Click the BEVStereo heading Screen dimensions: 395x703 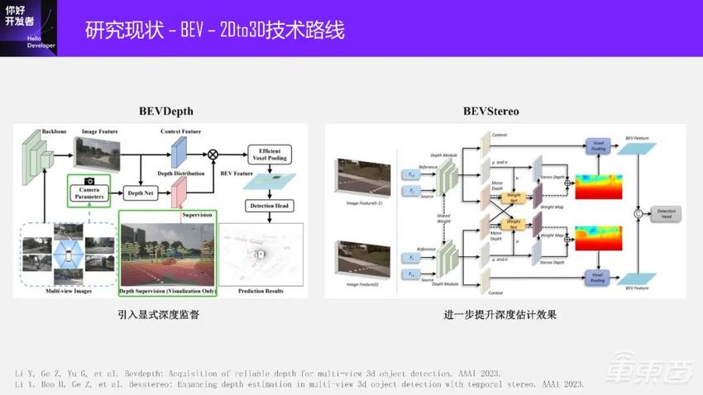490,111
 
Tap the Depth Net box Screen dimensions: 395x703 141,193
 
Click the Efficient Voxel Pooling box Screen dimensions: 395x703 270,154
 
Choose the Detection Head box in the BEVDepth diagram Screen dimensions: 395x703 270,205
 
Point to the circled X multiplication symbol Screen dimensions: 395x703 213,154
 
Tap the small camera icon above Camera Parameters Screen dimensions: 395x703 89,178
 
